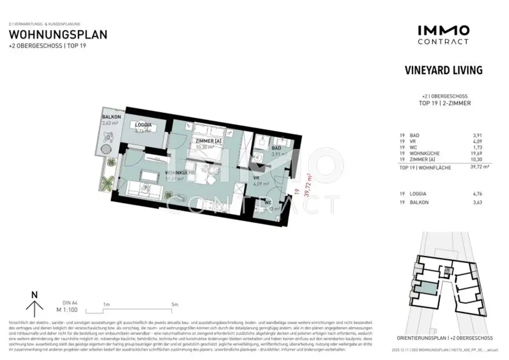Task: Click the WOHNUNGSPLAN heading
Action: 58,35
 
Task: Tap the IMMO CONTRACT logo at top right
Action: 443,35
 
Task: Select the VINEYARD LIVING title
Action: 443,70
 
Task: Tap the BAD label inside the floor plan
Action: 276,148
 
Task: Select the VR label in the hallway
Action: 256,178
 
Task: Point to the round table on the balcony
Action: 106,149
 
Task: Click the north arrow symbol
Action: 34,304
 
